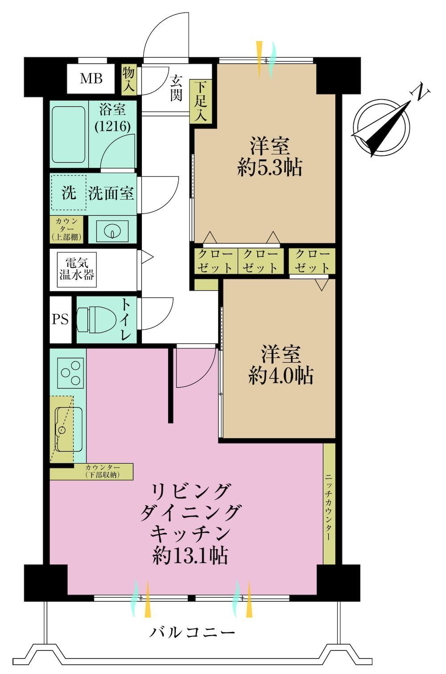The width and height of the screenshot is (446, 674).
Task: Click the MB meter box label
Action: (91, 79)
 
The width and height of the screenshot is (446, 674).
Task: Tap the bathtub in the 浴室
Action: (69, 134)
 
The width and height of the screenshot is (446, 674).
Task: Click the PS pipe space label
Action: (60, 319)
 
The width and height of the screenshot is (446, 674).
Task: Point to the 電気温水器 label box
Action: (77, 269)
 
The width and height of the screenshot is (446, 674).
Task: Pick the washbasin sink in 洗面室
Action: (112, 231)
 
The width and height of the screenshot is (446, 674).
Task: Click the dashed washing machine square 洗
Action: (68, 193)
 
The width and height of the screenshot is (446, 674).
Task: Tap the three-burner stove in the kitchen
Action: (70, 373)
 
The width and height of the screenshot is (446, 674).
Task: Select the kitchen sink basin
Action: (69, 429)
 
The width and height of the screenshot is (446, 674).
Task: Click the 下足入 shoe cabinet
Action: (200, 101)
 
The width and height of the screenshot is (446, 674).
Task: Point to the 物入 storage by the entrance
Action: (128, 79)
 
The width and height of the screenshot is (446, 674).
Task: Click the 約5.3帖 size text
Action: (269, 167)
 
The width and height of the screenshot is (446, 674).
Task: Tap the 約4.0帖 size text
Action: (281, 376)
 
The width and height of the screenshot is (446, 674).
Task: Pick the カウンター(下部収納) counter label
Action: (103, 471)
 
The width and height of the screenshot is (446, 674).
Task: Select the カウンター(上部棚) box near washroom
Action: (66, 229)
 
